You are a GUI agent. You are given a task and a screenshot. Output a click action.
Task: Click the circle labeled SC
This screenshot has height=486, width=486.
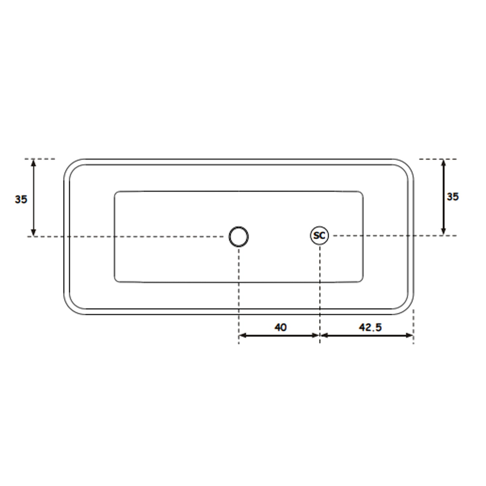(319, 236)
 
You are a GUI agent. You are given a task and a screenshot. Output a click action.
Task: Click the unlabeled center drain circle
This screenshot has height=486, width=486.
(239, 237)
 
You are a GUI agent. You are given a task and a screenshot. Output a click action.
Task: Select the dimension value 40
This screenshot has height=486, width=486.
(281, 327)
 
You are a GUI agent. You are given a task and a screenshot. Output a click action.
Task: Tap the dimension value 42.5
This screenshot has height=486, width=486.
(370, 327)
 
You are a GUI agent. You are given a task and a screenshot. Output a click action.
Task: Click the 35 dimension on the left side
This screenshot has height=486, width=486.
(21, 199)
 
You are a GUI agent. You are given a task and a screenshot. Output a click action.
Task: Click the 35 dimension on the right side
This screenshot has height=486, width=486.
(453, 197)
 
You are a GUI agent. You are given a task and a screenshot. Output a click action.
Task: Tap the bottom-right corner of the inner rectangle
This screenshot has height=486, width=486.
(361, 280)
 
